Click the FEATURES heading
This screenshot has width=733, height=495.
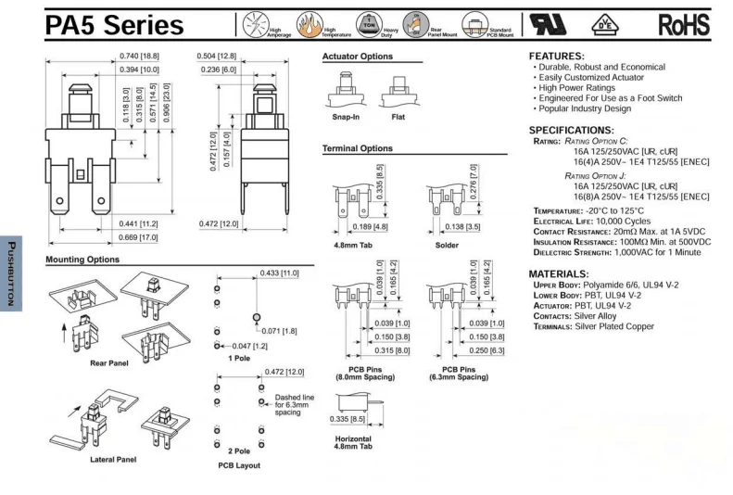557,57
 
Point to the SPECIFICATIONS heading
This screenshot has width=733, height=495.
571,130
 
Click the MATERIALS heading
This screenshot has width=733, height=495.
558,274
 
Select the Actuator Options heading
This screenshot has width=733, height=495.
357,57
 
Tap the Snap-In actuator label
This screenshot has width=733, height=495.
348,119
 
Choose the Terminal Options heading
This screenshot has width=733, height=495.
357,148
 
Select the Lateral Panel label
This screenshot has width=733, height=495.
113,459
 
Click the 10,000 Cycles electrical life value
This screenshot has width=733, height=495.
620,222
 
